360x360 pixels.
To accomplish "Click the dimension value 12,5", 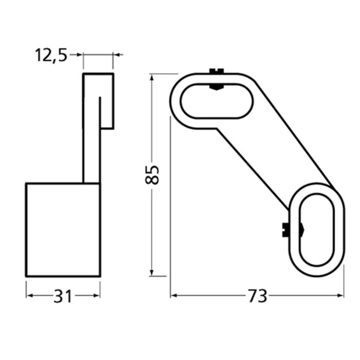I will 51,55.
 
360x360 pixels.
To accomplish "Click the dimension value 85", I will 152,175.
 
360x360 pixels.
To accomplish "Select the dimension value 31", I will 63,296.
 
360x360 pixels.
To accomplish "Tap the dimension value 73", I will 257,296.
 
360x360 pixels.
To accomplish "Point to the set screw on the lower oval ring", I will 286,230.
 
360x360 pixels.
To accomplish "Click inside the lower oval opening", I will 316,229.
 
